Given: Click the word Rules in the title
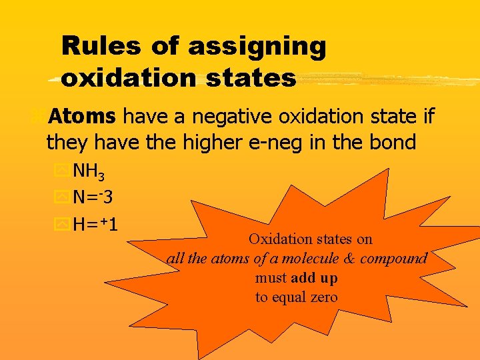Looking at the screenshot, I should tap(100, 47).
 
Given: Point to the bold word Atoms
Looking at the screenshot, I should tap(82, 117).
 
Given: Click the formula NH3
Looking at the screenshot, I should tap(88, 172).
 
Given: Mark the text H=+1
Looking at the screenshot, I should tap(95, 224).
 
